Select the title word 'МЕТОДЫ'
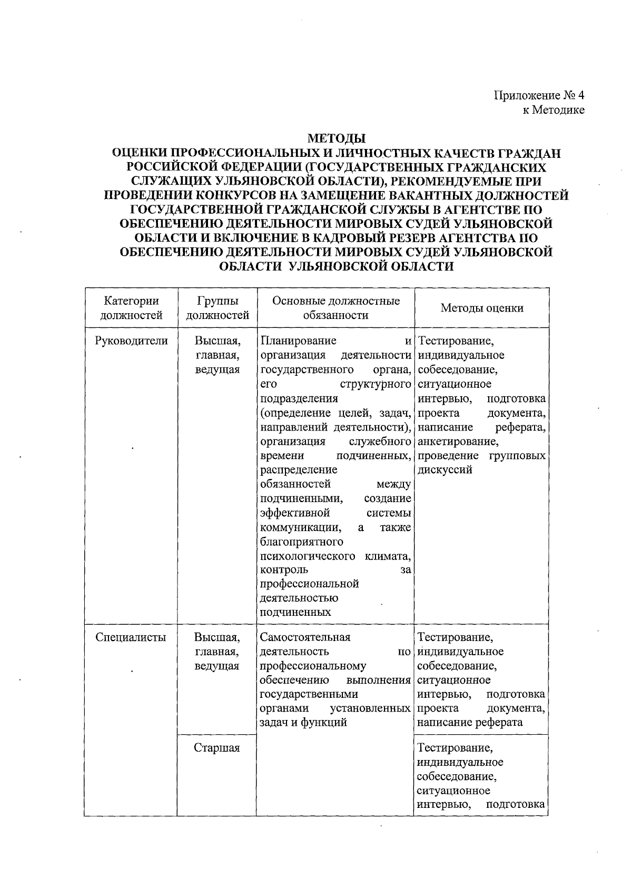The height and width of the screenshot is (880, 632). (337, 139)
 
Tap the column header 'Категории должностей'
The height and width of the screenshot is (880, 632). (131, 308)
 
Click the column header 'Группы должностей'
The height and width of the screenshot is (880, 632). (218, 308)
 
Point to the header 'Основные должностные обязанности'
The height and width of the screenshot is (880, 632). (335, 308)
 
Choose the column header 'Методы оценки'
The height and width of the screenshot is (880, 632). (481, 308)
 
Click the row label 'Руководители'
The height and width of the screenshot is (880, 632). (131, 341)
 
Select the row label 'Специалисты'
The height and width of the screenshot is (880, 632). (131, 637)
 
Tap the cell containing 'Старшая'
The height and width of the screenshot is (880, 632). (217, 748)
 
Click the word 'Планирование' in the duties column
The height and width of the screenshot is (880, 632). (298, 341)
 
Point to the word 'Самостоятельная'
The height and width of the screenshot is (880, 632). (305, 637)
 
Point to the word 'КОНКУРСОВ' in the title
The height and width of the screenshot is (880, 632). (234, 196)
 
